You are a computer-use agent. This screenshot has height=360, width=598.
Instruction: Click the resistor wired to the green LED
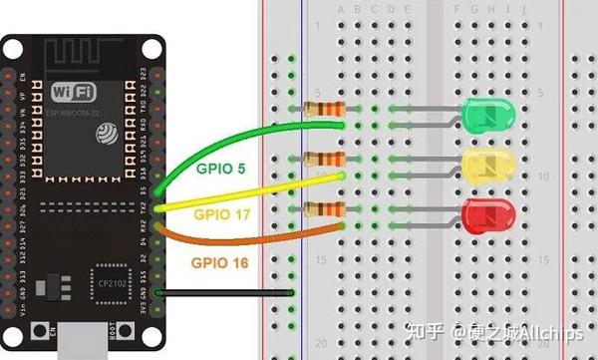point(325,109)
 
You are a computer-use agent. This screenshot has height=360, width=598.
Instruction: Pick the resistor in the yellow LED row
point(325,159)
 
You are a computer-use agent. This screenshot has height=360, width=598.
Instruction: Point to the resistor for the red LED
point(325,208)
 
